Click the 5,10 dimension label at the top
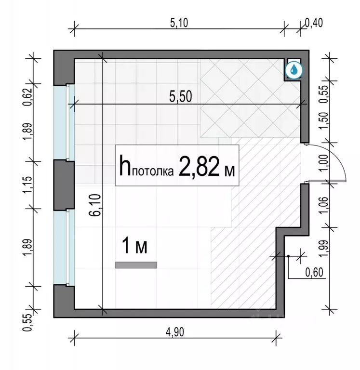point(179,23)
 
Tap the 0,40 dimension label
point(314,23)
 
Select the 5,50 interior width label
point(181,96)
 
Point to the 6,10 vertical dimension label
point(95,205)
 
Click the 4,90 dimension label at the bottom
point(175,332)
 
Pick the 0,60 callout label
point(314,273)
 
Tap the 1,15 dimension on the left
point(27,185)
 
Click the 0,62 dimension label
point(27,97)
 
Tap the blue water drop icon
point(293,70)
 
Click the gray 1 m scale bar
point(136,265)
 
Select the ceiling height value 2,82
point(199,166)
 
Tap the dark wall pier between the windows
point(64,185)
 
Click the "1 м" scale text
point(134,246)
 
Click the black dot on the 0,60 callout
point(288,256)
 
